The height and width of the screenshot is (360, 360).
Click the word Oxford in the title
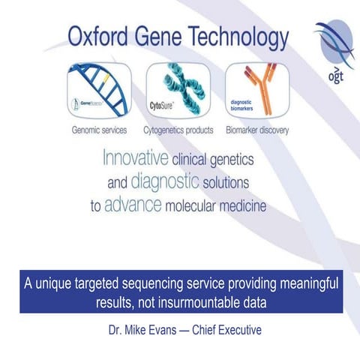[x=97, y=35]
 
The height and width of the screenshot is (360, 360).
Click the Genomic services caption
[x=99, y=130]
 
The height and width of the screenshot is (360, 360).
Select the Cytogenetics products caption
[x=179, y=130]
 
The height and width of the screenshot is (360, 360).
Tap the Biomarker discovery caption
[x=257, y=130]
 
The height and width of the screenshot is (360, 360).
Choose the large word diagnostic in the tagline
[x=164, y=182]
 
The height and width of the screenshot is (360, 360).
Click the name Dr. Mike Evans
[x=140, y=328]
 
